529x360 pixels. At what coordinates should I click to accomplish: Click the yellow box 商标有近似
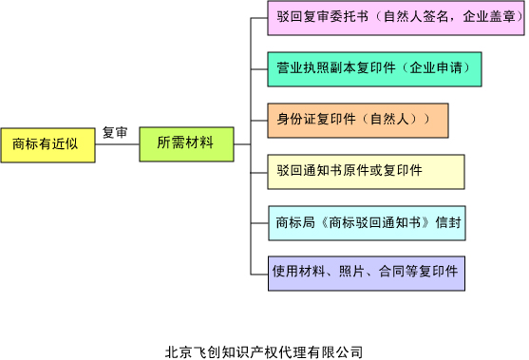(x=48, y=144)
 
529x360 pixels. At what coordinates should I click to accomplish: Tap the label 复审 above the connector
(x=115, y=132)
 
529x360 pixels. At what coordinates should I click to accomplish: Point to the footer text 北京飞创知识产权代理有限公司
(x=263, y=351)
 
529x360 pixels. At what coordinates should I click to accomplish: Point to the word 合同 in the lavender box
(x=390, y=272)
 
